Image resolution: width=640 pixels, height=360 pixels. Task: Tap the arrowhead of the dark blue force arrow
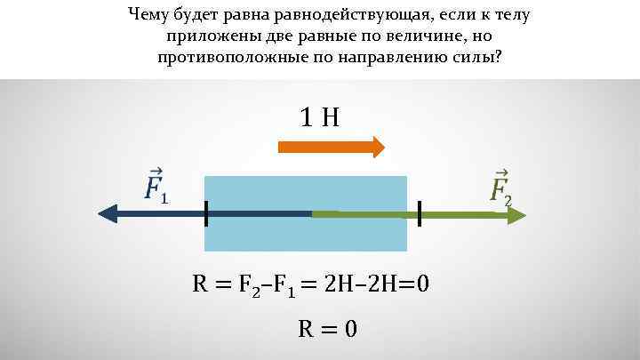108,213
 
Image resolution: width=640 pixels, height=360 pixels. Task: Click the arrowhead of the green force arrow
516,213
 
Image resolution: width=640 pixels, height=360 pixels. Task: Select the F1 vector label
156,185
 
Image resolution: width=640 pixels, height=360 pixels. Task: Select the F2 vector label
501,185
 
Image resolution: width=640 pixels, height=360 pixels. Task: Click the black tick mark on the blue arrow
205,213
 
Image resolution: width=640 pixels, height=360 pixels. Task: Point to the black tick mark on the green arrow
419,213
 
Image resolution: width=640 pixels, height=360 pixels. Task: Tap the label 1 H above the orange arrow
320,117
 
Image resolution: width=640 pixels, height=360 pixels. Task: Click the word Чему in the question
148,14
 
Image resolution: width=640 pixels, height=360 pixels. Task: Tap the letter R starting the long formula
202,285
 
